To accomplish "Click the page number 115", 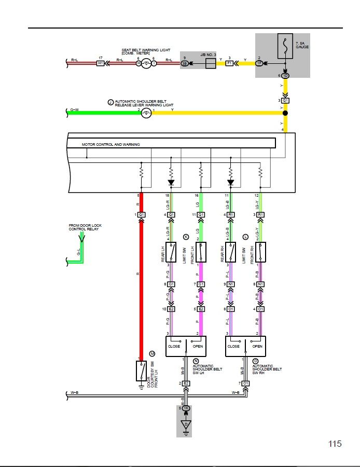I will tap(335, 444).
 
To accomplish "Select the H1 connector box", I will tap(101, 63).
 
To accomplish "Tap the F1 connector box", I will tap(229, 63).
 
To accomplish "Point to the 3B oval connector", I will tap(185, 63).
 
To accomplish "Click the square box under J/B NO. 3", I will tap(211, 63).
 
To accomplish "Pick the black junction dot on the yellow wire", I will tap(284, 113).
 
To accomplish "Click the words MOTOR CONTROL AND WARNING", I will tap(110, 144).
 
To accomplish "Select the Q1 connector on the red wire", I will tap(142, 215).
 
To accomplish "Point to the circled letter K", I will tap(186, 237).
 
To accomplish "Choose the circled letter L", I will tap(245, 237).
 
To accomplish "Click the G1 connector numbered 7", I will tap(201, 284).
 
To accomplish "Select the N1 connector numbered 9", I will tap(231, 284).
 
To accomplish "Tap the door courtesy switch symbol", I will tap(141, 371).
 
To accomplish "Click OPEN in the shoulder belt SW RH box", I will tap(257, 346).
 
